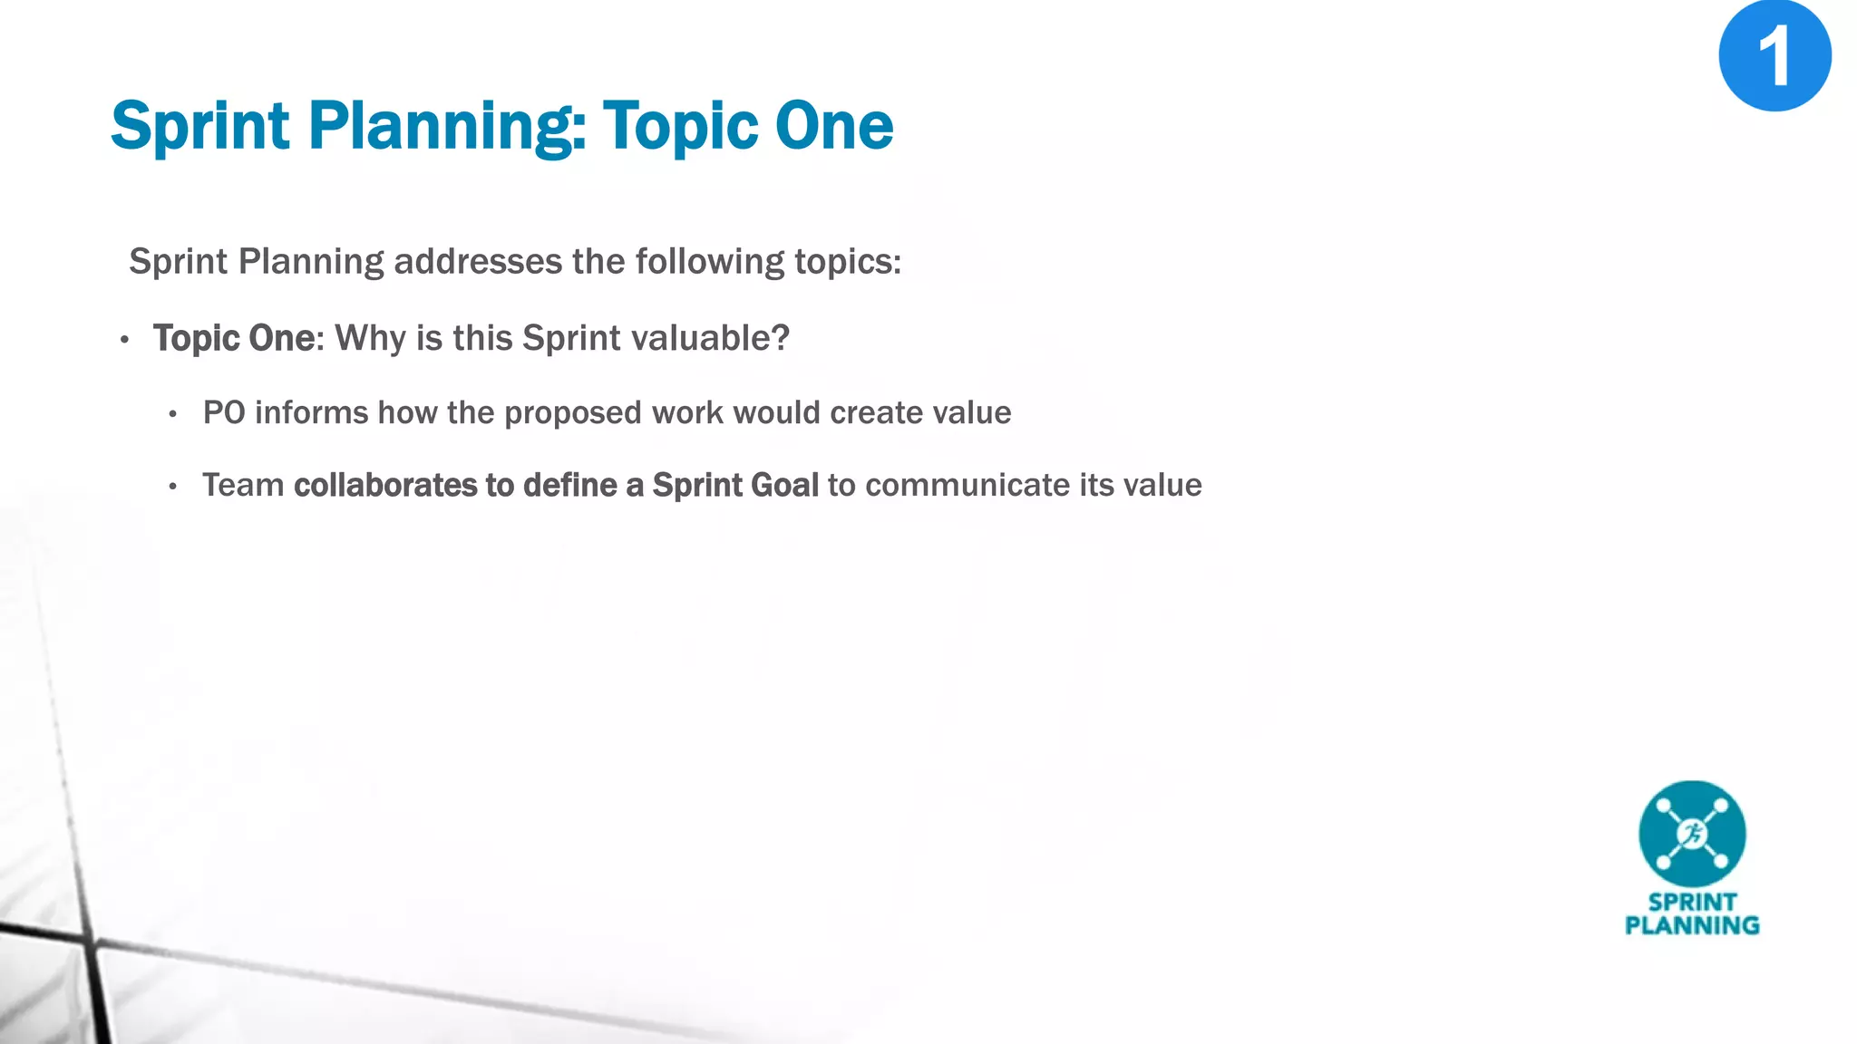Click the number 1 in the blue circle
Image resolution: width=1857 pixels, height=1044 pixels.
(x=1774, y=56)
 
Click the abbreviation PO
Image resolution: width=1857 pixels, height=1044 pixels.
(x=224, y=413)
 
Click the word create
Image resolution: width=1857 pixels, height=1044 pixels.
(x=877, y=413)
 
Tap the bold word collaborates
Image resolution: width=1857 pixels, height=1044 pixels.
(x=384, y=486)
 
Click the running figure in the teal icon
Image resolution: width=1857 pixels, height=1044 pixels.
(x=1692, y=834)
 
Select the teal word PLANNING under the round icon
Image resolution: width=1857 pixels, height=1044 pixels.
(x=1692, y=925)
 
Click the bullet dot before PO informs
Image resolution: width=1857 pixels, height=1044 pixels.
(x=173, y=415)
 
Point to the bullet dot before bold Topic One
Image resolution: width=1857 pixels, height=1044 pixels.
(x=125, y=341)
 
